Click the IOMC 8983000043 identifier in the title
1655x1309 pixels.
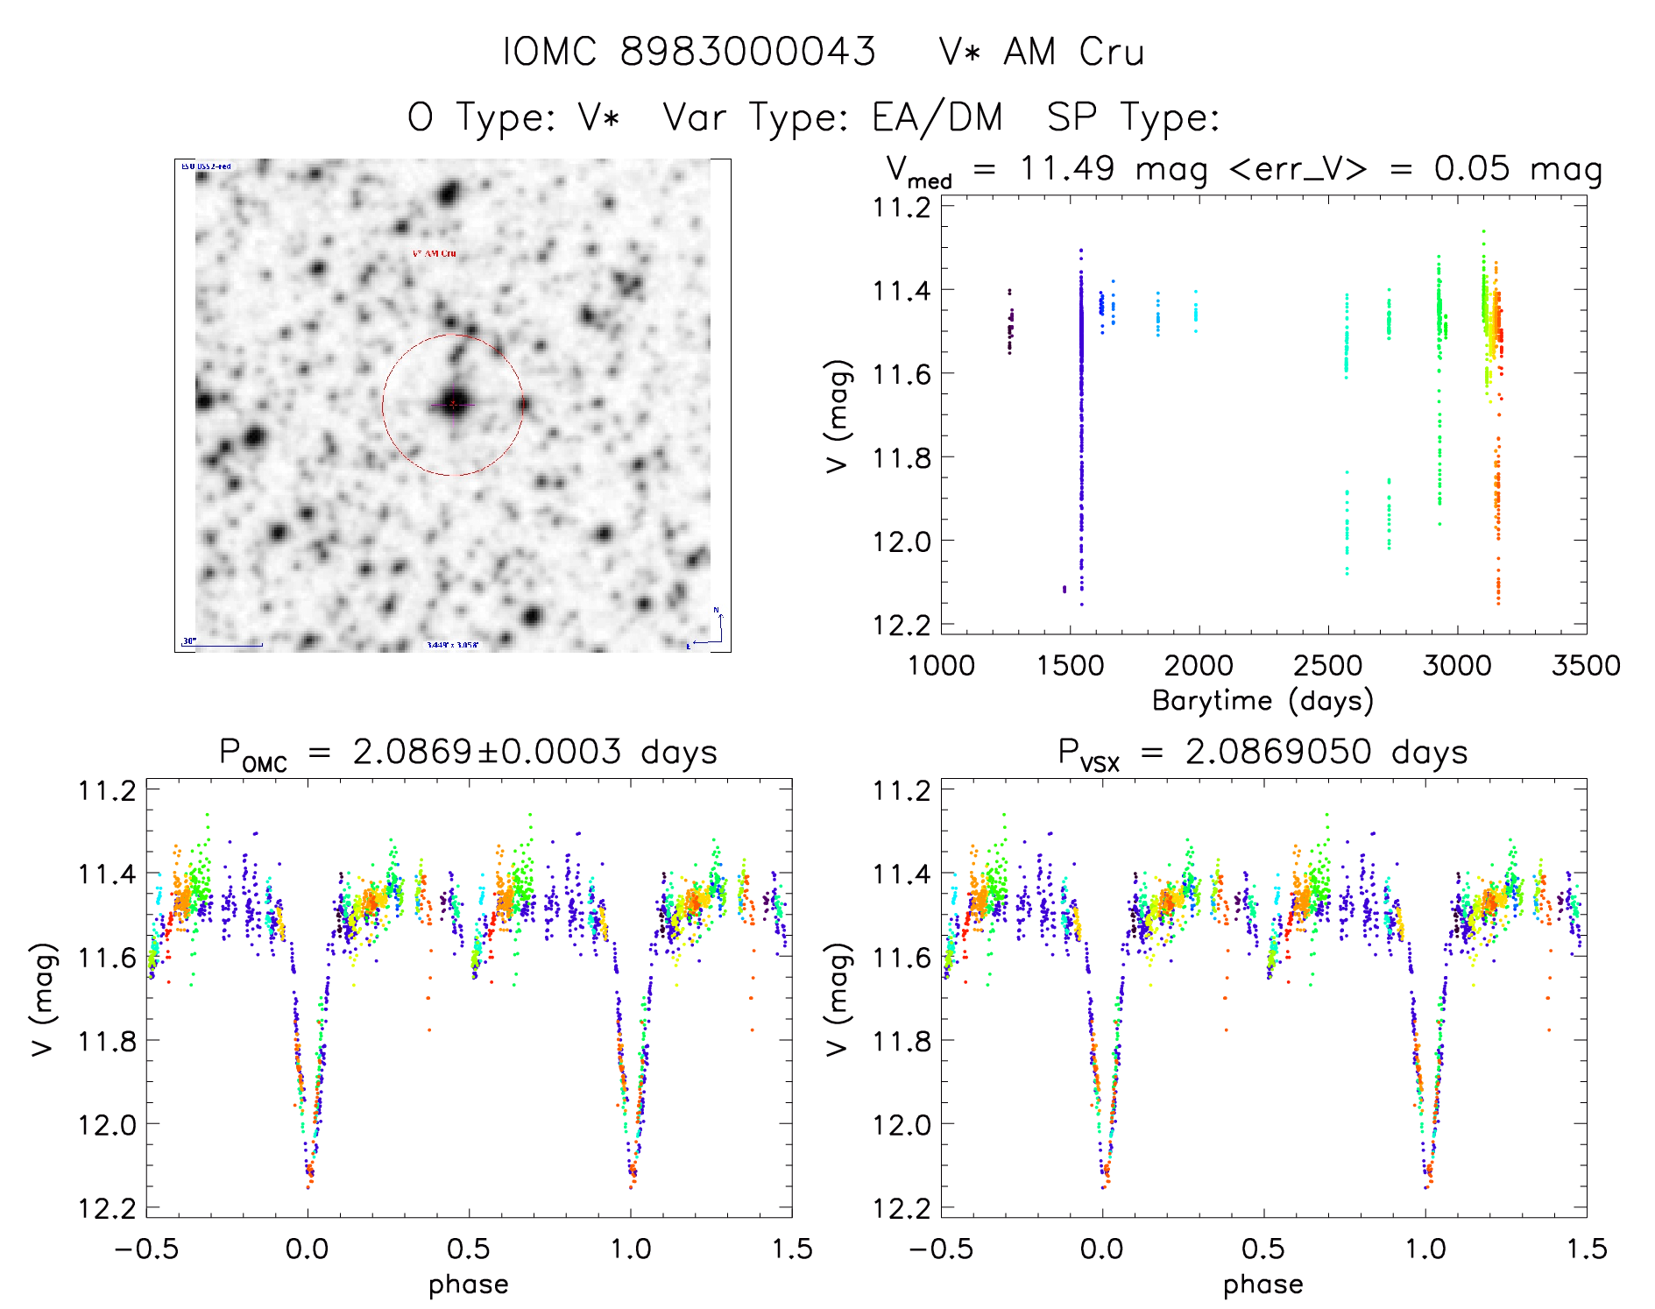pyautogui.click(x=690, y=52)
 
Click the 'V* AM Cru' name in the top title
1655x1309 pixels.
pyautogui.click(x=1042, y=52)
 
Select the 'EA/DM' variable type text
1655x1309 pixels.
pyautogui.click(x=937, y=117)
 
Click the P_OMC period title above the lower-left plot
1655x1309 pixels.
pyautogui.click(x=469, y=753)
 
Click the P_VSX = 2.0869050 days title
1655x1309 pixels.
pyautogui.click(x=1262, y=753)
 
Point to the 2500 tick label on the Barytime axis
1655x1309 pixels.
pyautogui.click(x=1327, y=666)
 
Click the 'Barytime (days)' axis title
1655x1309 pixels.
pyautogui.click(x=1262, y=701)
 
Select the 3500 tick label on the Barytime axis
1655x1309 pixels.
pyautogui.click(x=1585, y=666)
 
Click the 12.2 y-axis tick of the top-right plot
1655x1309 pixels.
pyautogui.click(x=902, y=625)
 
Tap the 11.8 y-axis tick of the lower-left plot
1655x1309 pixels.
pyautogui.click(x=107, y=1041)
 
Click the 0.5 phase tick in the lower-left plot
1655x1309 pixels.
pyautogui.click(x=469, y=1249)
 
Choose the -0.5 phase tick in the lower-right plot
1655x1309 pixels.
pyautogui.click(x=940, y=1249)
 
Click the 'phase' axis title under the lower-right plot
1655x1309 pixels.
pyautogui.click(x=1262, y=1284)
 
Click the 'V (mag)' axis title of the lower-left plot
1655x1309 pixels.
pyautogui.click(x=44, y=999)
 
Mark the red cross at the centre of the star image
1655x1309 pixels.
pyautogui.click(x=453, y=404)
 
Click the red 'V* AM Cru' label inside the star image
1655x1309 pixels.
pyautogui.click(x=435, y=253)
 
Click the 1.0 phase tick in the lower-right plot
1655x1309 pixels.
pyautogui.click(x=1425, y=1249)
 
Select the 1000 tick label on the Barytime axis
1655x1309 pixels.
pyautogui.click(x=941, y=666)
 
